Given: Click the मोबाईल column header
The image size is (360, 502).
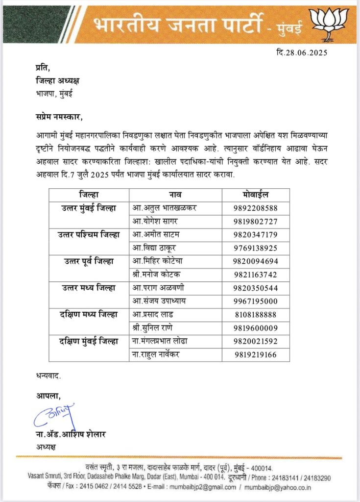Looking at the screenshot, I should tap(256, 195).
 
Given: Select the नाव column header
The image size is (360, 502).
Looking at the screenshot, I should tap(176, 195).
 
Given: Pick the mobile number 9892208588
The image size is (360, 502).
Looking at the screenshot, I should tap(256, 208).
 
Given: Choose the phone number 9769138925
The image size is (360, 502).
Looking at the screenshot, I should tap(256, 248).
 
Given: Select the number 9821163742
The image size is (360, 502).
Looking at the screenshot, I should tap(256, 274).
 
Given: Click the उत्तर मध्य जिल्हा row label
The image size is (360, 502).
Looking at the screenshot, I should tap(88, 287).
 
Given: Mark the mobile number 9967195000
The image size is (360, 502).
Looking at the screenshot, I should tap(256, 301).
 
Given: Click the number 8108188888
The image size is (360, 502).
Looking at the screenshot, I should tap(256, 314).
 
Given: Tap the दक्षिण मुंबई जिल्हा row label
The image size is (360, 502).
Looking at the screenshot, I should tap(88, 341).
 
